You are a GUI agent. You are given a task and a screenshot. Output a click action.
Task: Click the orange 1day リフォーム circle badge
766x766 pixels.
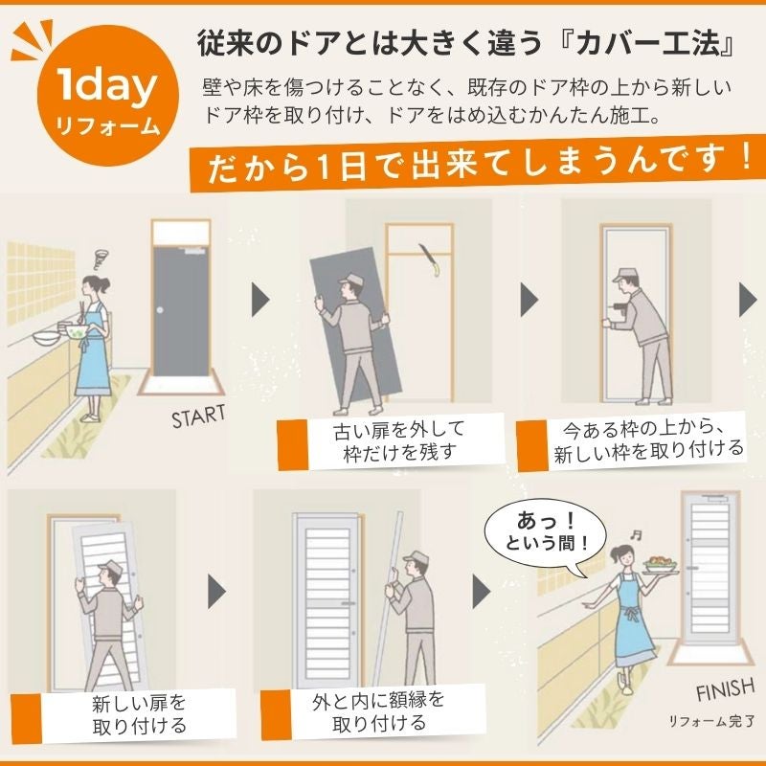[108, 96]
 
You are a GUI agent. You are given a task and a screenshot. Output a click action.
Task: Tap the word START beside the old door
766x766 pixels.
[198, 417]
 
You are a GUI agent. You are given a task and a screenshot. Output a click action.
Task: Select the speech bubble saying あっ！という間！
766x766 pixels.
[545, 537]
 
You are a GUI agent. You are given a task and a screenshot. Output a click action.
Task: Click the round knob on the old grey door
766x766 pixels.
[160, 309]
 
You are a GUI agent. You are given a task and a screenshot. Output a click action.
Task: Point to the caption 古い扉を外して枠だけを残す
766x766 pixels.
[398, 441]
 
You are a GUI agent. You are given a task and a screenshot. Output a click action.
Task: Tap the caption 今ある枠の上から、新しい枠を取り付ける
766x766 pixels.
[648, 441]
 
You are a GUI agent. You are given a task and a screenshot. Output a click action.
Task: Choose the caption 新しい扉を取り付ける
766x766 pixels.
[139, 714]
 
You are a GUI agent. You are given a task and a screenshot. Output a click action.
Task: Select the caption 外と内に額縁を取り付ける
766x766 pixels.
[378, 711]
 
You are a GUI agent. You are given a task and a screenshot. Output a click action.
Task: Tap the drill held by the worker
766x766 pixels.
[619, 308]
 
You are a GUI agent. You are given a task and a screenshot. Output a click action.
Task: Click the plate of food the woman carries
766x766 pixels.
[661, 566]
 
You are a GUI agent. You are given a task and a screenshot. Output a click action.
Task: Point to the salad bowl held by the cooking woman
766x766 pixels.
[76, 332]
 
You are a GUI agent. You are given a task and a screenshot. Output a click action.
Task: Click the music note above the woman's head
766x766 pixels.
[636, 534]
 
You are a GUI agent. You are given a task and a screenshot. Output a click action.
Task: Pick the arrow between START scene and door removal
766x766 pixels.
[260, 299]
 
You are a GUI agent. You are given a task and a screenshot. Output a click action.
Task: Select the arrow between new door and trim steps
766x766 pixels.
[217, 591]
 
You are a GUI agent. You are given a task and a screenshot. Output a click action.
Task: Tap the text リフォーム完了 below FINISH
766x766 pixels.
[711, 721]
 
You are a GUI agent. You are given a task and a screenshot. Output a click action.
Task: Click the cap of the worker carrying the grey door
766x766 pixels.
[350, 280]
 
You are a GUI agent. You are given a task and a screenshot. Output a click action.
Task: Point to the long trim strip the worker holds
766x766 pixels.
[389, 598]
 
